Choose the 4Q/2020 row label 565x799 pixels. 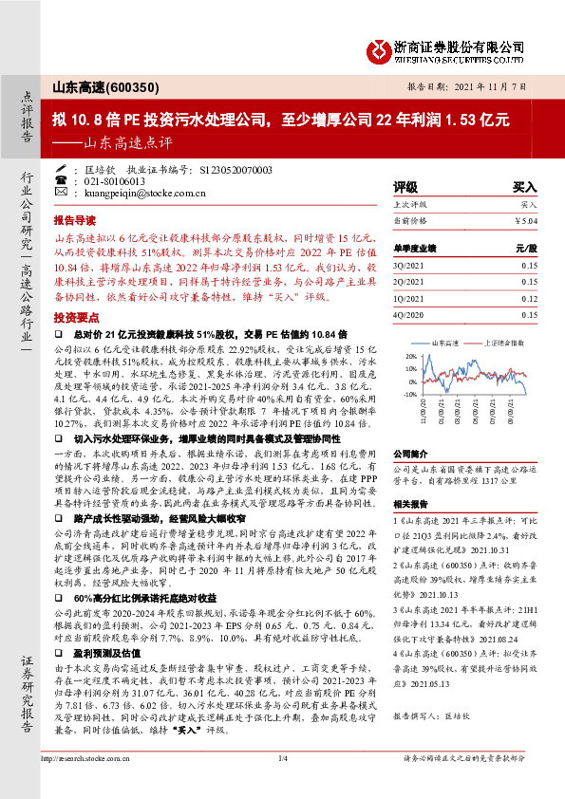pyautogui.click(x=408, y=314)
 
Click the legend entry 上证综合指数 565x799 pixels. pyautogui.click(x=503, y=341)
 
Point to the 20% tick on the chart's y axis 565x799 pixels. pyautogui.click(x=410, y=357)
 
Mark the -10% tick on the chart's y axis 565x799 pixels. pyautogui.click(x=409, y=394)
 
